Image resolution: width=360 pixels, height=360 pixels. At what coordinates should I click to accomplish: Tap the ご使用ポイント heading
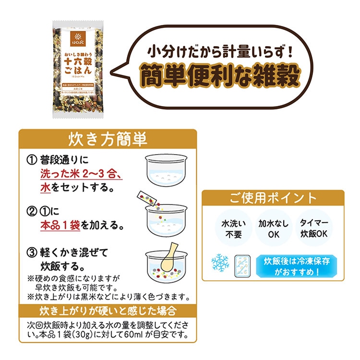coord(273,198)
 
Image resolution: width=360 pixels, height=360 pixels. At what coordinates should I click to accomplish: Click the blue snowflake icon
coord(220,263)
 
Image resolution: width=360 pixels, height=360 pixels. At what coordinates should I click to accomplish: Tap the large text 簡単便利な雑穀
coord(220,74)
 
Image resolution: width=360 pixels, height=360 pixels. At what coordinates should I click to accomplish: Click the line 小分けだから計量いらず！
coord(219,49)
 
